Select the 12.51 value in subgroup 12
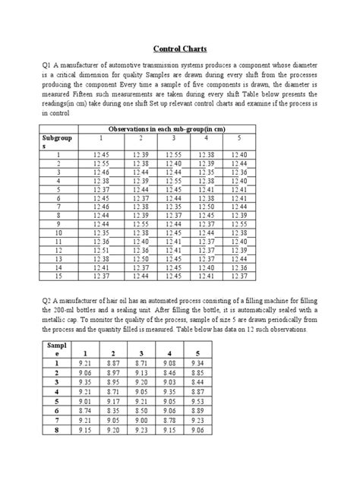click(x=101, y=249)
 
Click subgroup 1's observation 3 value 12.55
click(x=173, y=154)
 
